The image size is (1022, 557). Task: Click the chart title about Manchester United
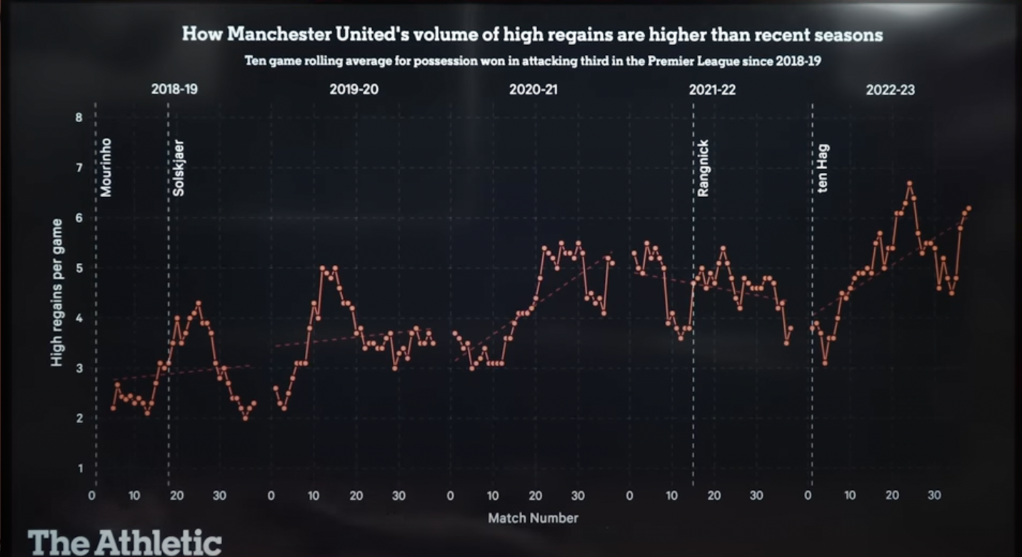532,34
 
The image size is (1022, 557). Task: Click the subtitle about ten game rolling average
532,61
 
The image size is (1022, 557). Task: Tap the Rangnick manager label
703,171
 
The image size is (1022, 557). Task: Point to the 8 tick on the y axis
79,118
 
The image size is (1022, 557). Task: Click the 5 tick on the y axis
79,269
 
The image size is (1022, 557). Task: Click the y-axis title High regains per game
56,293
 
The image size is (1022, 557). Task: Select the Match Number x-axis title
533,518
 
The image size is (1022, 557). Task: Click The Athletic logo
125,543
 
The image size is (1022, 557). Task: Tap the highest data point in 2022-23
909,184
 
